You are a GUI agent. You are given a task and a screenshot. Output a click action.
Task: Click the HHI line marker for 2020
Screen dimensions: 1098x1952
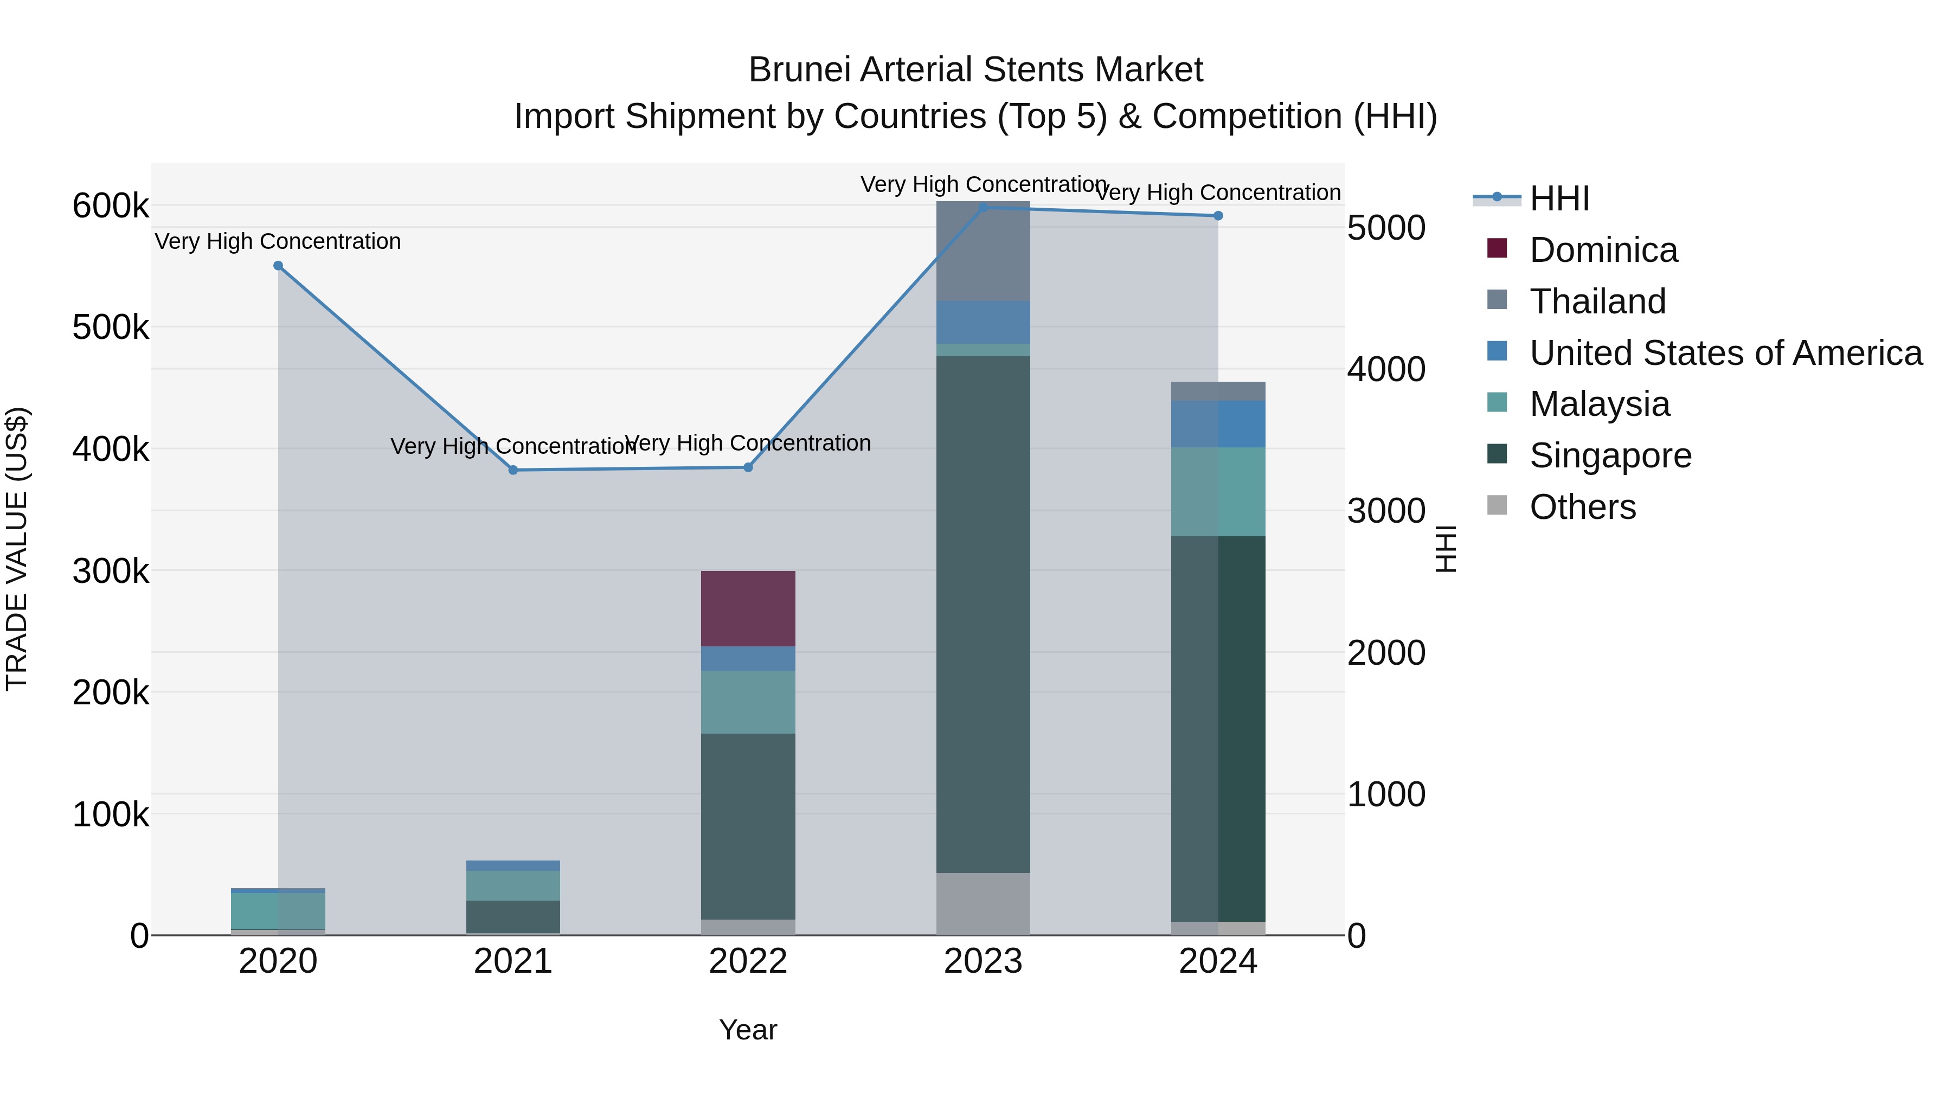click(x=278, y=266)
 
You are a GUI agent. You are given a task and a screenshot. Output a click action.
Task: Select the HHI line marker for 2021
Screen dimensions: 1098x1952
click(x=513, y=470)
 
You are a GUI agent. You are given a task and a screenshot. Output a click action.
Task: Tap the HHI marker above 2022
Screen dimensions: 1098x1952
click(x=748, y=467)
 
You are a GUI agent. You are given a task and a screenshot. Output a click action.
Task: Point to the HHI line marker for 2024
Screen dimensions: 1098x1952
click(x=1218, y=216)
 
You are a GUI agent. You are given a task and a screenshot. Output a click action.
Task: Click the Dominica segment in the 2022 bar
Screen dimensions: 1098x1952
click(x=748, y=608)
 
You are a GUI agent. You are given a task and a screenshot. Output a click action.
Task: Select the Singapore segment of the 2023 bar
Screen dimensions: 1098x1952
click(x=983, y=614)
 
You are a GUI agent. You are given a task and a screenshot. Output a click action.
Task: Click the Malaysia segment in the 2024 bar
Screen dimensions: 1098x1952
click(x=1218, y=492)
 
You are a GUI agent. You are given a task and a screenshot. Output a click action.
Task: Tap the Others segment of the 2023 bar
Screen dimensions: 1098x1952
click(x=983, y=903)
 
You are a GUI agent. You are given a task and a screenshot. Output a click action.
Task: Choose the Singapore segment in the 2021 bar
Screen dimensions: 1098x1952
click(x=513, y=916)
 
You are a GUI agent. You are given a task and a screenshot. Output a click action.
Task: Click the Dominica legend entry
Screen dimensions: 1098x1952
click(x=1603, y=250)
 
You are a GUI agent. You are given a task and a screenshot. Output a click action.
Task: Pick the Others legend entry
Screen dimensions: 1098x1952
click(x=1582, y=507)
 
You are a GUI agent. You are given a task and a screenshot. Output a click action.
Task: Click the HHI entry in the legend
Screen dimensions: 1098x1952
click(x=1559, y=198)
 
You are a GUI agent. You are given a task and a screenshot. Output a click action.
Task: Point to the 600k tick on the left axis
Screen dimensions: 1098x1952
click(x=111, y=206)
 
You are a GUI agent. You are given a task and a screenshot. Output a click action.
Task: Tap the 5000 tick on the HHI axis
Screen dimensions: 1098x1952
click(x=1386, y=228)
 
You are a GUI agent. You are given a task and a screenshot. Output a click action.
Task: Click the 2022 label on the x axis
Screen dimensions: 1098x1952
click(x=748, y=961)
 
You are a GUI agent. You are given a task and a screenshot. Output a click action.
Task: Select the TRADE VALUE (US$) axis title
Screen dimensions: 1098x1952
click(x=17, y=549)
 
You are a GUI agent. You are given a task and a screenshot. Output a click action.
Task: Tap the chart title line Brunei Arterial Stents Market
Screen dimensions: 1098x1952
click(x=975, y=70)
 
